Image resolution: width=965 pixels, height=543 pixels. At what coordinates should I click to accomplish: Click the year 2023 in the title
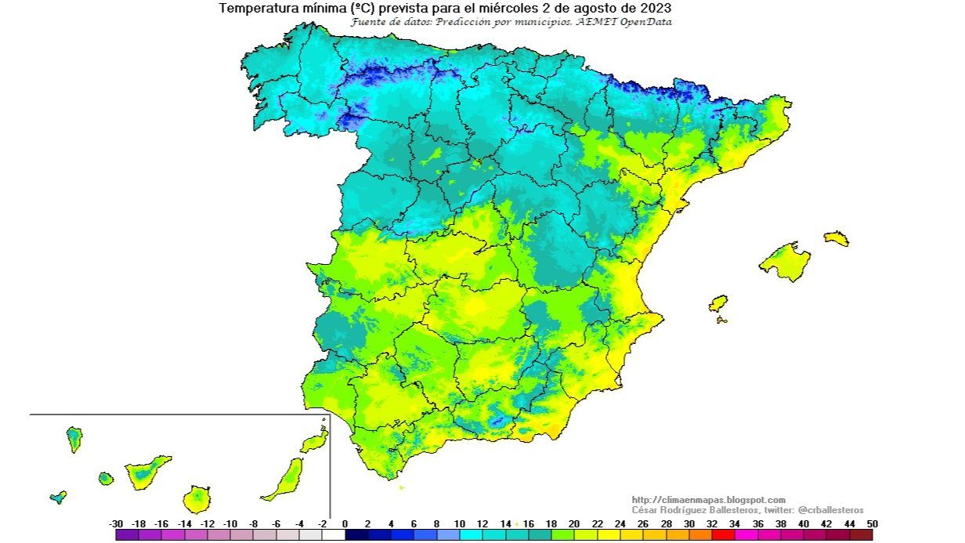[x=655, y=9]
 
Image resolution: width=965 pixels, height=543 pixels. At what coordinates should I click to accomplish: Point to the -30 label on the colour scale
[x=117, y=523]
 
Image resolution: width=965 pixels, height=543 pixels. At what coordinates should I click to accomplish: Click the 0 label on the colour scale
[x=345, y=523]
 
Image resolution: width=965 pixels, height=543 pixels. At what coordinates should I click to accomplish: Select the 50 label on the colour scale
[x=872, y=523]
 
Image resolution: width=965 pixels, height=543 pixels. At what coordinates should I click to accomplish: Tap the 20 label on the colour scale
[x=573, y=523]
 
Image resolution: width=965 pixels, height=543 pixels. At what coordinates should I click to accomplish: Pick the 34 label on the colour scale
[x=734, y=523]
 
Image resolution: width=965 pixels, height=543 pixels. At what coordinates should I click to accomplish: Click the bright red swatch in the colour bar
[x=723, y=535]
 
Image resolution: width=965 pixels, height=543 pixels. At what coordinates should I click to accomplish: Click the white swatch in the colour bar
[x=334, y=535]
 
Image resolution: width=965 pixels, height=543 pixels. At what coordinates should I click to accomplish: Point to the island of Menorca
[x=836, y=238]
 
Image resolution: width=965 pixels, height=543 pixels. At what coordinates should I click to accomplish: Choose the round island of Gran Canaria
[x=197, y=498]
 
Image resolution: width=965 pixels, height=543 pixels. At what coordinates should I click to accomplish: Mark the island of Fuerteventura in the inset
[x=286, y=479]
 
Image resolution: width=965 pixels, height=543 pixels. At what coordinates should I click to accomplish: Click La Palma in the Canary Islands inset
[x=74, y=439]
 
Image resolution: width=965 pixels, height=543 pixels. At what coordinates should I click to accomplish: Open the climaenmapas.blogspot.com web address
[x=708, y=500]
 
